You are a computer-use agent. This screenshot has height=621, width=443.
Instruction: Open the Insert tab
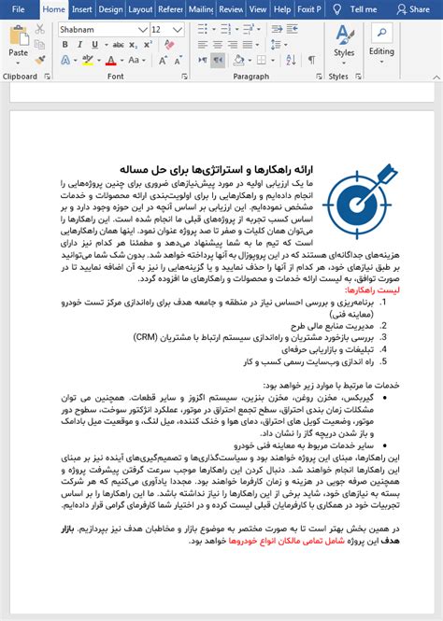82,9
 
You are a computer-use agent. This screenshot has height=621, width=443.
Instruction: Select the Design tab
110,9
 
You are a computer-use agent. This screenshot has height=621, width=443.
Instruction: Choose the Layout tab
140,9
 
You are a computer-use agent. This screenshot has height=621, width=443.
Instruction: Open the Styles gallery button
343,43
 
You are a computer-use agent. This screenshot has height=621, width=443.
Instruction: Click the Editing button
381,43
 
